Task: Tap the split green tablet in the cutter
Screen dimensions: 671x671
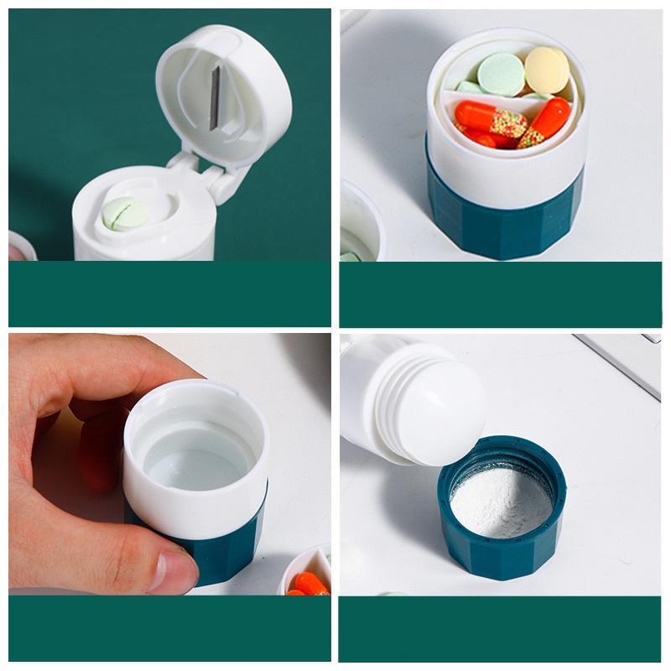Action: click(125, 215)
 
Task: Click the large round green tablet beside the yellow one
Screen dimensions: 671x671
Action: click(501, 73)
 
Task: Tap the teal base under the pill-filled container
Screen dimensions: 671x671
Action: click(503, 218)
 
